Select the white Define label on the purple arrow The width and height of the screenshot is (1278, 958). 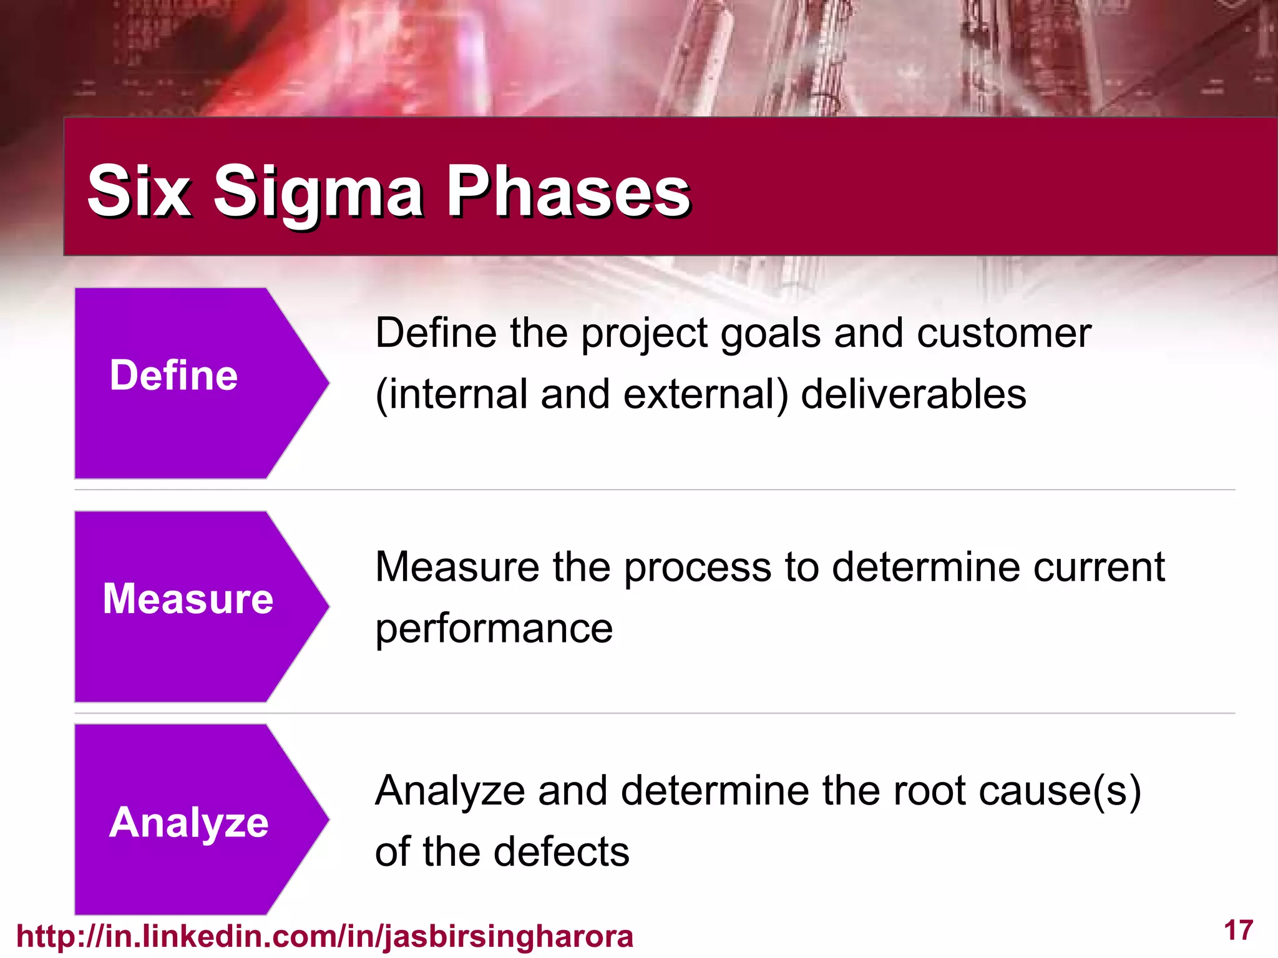click(173, 375)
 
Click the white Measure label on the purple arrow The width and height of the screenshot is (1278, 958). click(188, 599)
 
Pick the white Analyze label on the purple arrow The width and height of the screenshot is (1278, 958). click(188, 822)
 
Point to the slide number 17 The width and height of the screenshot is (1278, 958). click(1238, 931)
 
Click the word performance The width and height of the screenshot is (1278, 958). click(494, 629)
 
